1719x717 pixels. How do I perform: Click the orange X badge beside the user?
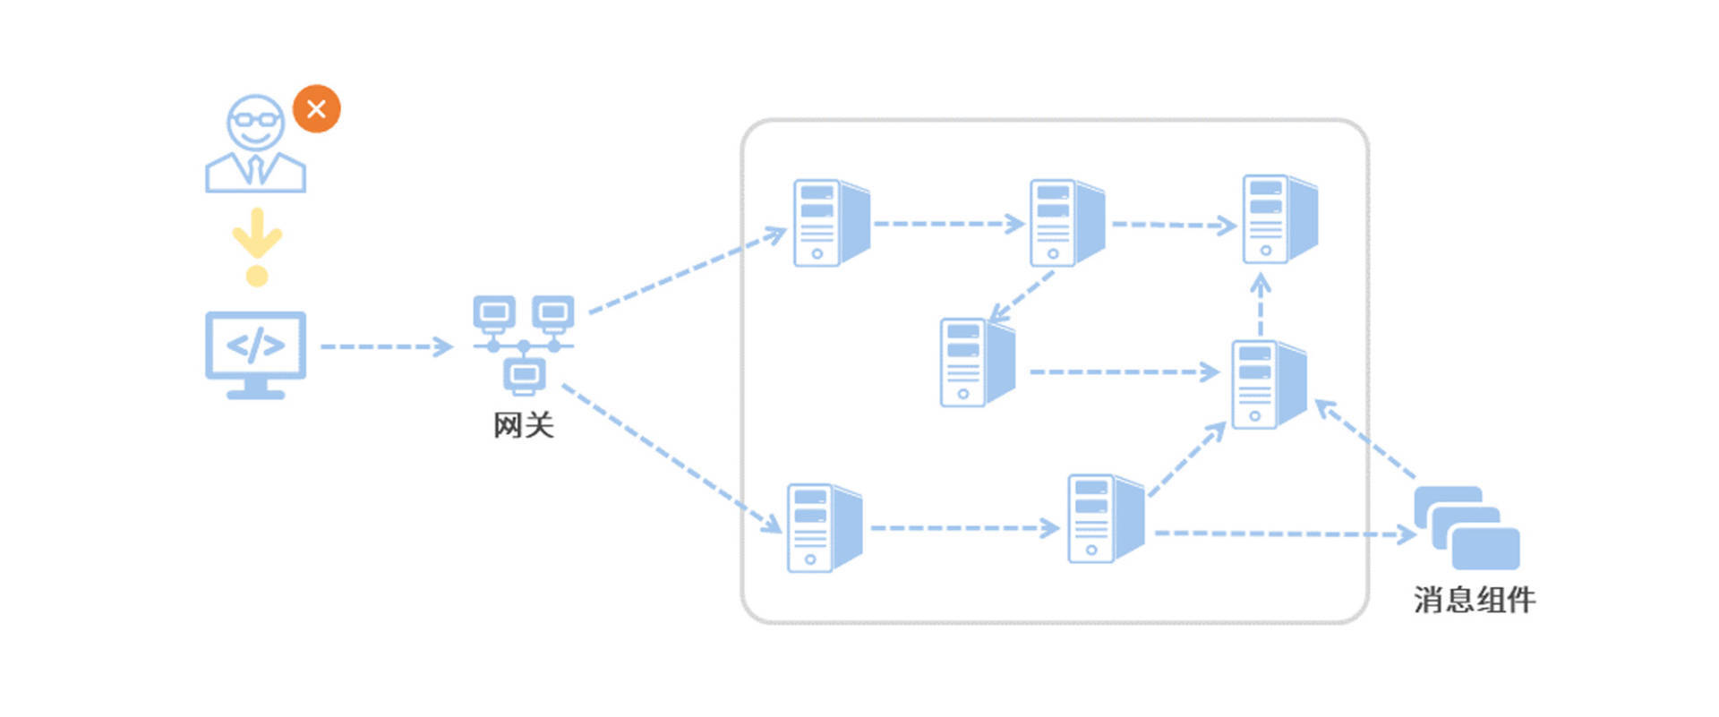pos(316,109)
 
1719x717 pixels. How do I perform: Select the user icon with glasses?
pos(255,143)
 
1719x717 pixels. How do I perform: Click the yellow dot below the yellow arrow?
pos(257,276)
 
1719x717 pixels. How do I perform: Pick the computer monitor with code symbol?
pos(256,354)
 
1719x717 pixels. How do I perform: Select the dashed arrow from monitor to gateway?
pos(386,346)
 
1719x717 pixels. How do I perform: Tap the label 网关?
pos(524,425)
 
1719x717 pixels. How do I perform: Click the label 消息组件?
pos(1474,600)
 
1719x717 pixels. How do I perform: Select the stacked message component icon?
pos(1467,528)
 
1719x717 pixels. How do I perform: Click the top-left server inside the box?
pos(831,223)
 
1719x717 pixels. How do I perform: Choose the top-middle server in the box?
pos(1066,223)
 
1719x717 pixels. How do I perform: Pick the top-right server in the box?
pos(1279,219)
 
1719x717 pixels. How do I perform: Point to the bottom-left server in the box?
pos(824,528)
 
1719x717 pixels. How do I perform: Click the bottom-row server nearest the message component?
pos(1105,519)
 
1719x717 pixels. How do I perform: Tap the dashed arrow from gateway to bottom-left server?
pos(671,457)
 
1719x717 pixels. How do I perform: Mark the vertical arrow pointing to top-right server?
pos(1261,304)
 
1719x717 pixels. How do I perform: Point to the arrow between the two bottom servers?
pos(964,528)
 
